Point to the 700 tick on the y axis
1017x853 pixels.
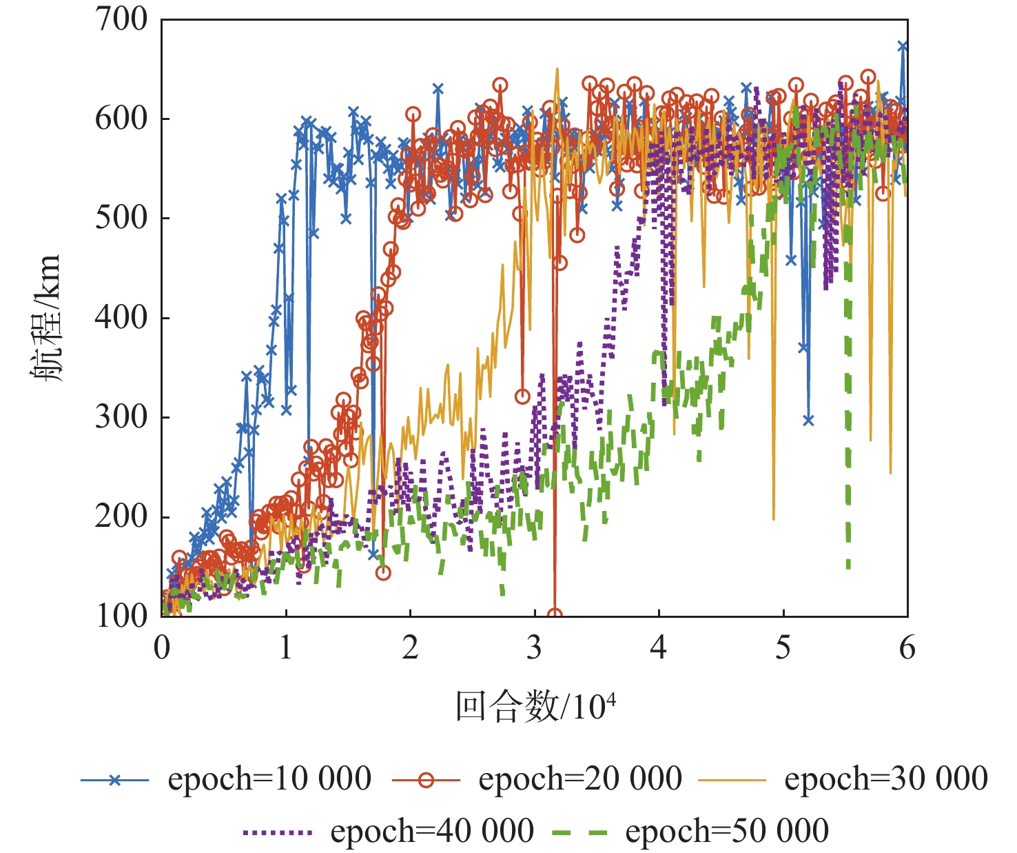click(121, 19)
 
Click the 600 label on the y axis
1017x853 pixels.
click(121, 119)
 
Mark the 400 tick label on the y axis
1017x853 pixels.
click(121, 318)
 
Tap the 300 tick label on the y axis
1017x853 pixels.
click(121, 417)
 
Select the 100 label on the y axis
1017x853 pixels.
click(121, 616)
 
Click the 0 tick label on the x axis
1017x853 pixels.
click(162, 648)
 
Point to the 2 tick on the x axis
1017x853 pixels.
click(411, 648)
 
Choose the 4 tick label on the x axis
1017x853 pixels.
click(659, 648)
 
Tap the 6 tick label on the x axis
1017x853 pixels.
click(907, 648)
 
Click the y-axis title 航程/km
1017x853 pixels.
click(46, 318)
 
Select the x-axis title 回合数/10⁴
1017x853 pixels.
click(535, 706)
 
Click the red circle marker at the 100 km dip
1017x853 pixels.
click(554, 615)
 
